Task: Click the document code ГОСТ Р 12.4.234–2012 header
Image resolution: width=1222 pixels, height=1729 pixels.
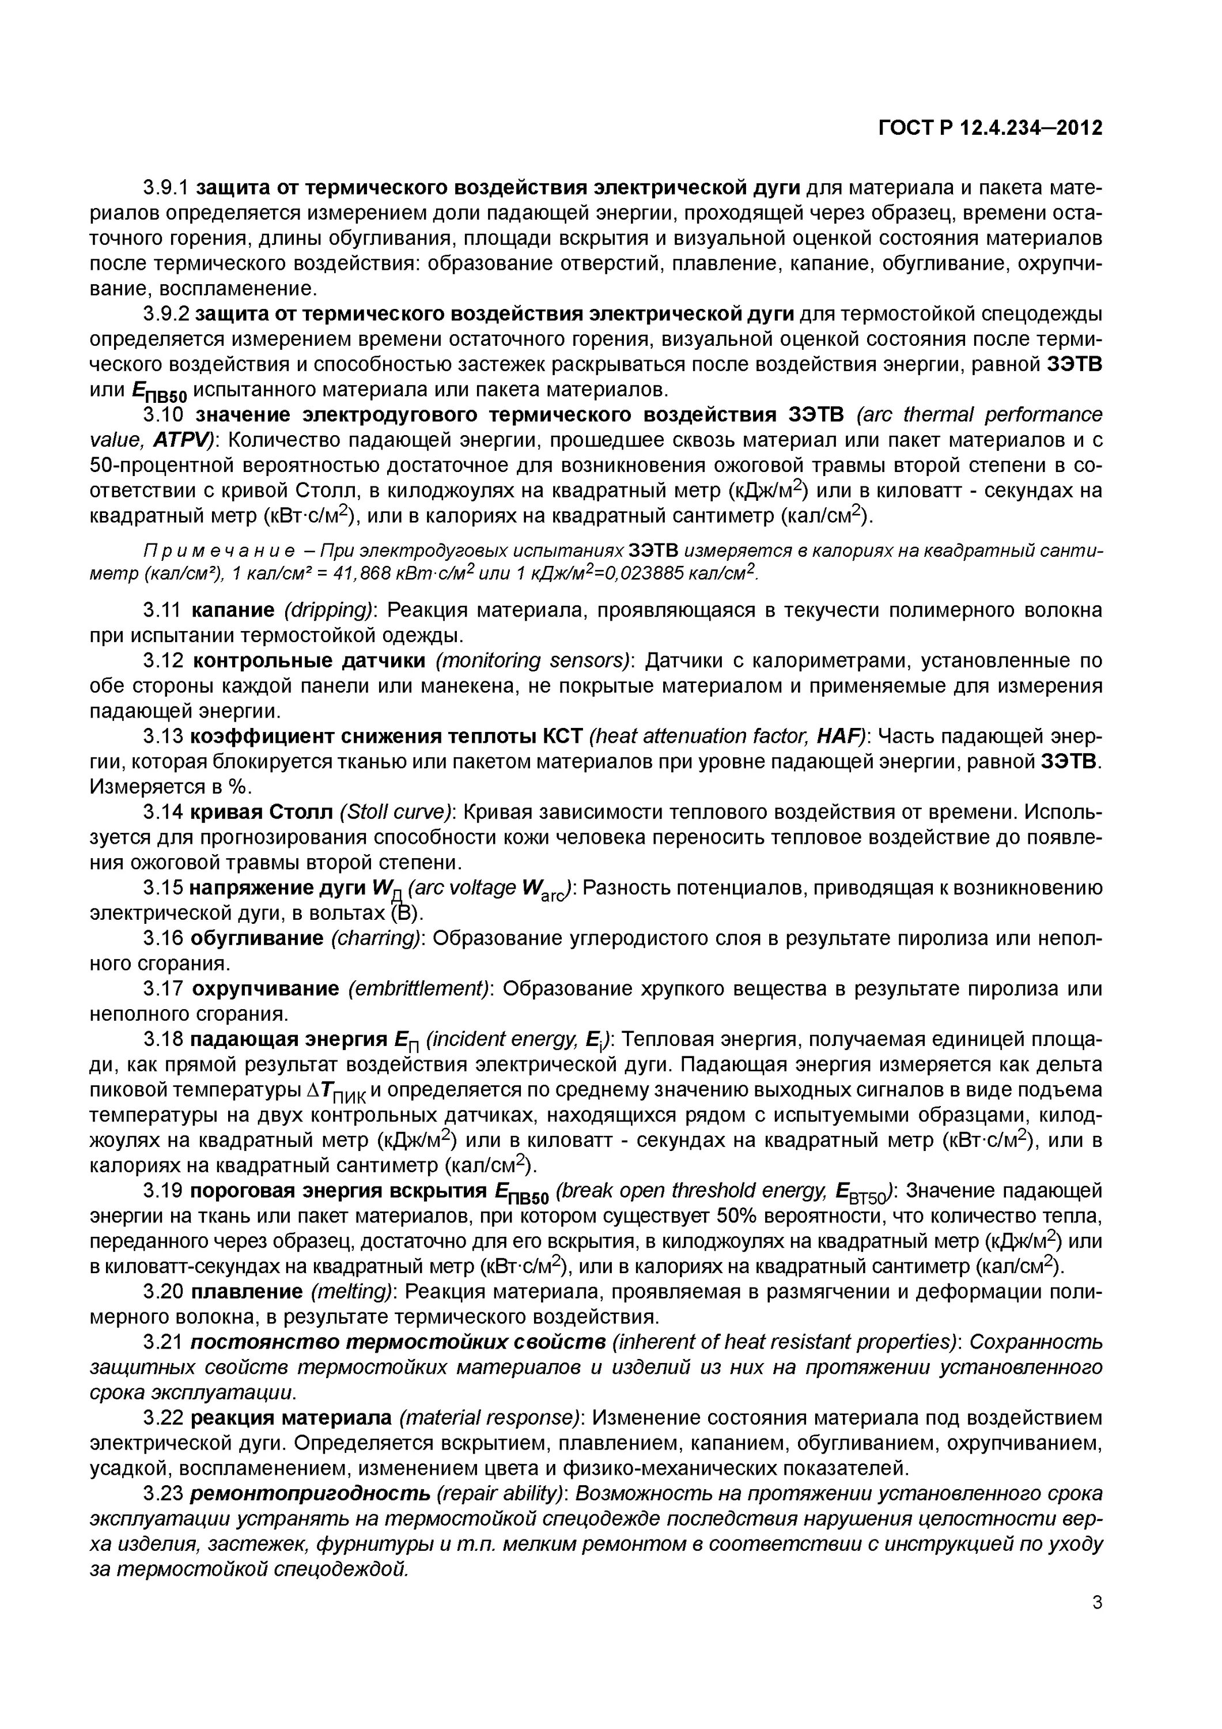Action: [x=990, y=128]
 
